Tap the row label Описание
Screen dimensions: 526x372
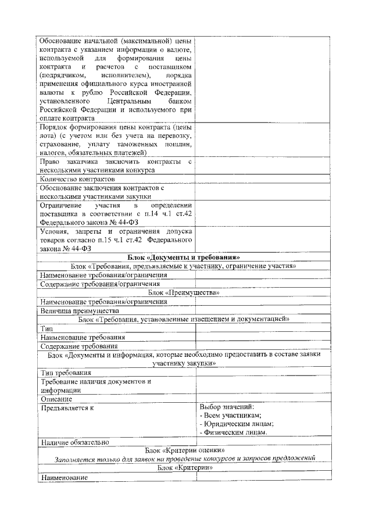pyautogui.click(x=56, y=399)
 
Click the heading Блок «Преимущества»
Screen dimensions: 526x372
pyautogui.click(x=184, y=292)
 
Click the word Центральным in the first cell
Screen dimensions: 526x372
pyautogui.click(x=131, y=101)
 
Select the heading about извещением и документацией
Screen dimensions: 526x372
pyautogui.click(x=184, y=319)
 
